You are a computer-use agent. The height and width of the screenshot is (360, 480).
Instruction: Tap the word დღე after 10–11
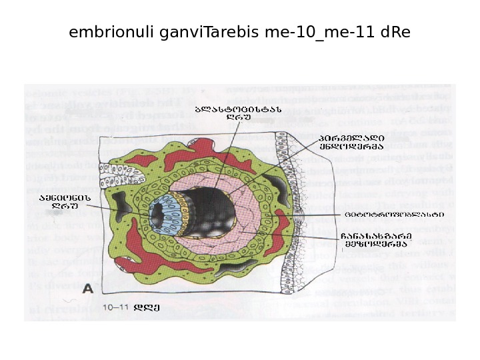coord(147,307)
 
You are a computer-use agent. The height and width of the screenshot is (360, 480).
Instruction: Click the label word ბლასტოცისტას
coord(238,109)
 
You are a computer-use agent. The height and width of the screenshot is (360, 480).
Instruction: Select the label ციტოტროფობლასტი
coord(394,215)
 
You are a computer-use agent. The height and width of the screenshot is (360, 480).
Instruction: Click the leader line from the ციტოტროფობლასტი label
coord(320,215)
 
